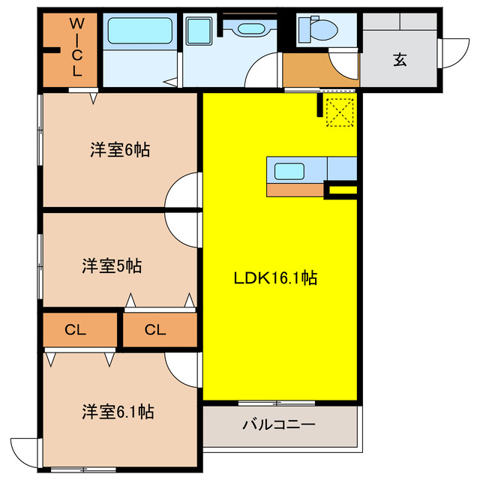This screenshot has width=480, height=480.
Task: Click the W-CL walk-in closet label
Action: click(76, 47)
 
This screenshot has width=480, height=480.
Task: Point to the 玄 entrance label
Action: click(399, 61)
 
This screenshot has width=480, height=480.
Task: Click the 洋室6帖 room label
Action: click(120, 150)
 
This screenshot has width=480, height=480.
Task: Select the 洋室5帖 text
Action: click(112, 265)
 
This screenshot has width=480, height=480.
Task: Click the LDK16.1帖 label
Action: click(275, 278)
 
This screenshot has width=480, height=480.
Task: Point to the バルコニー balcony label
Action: click(278, 425)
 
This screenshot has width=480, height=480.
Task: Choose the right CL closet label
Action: click(155, 329)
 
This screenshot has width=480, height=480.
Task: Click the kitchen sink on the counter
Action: click(289, 170)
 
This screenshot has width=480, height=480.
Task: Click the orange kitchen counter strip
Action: click(295, 190)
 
